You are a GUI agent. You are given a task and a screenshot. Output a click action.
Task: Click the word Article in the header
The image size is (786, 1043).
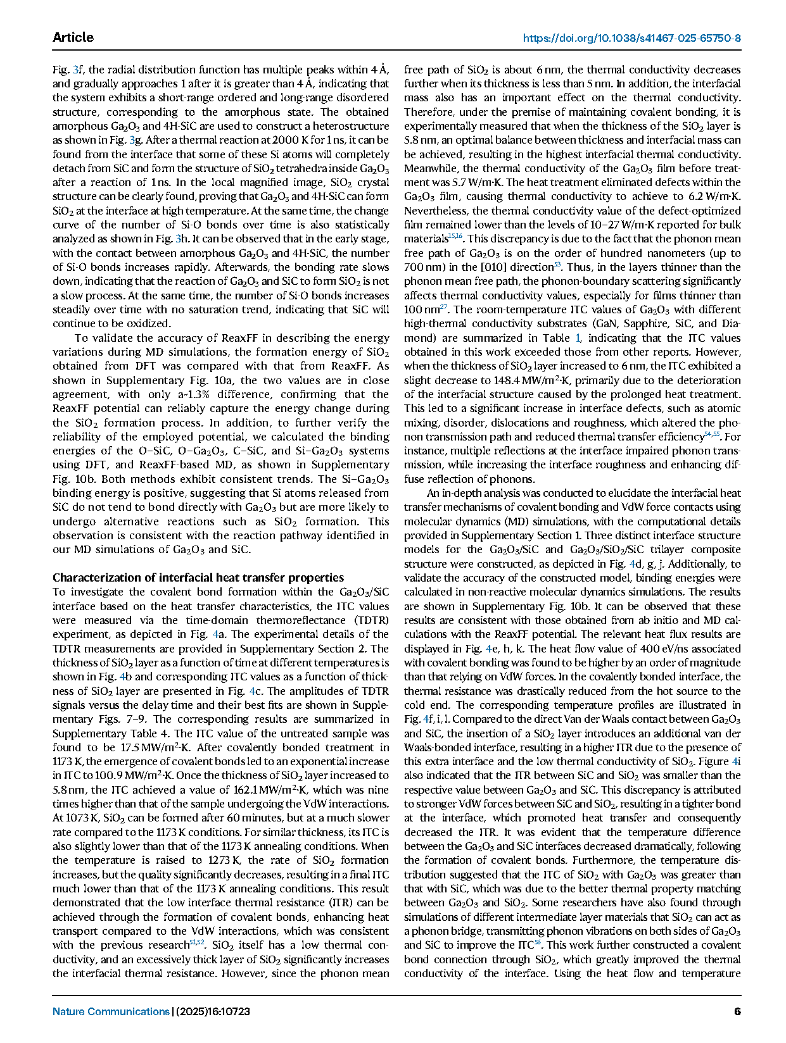(x=73, y=37)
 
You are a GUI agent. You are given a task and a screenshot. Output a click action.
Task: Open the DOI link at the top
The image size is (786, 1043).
(x=631, y=38)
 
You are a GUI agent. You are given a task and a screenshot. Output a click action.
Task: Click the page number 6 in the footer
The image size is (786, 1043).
(x=737, y=1011)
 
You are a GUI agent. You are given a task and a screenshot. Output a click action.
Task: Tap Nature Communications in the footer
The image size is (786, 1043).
(x=111, y=1011)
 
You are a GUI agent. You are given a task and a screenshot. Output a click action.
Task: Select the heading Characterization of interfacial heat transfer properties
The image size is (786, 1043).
(x=198, y=577)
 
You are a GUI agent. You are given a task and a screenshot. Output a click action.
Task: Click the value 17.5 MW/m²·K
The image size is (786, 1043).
(x=153, y=747)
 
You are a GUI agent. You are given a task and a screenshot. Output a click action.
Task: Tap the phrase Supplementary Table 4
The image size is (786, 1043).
(x=105, y=734)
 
